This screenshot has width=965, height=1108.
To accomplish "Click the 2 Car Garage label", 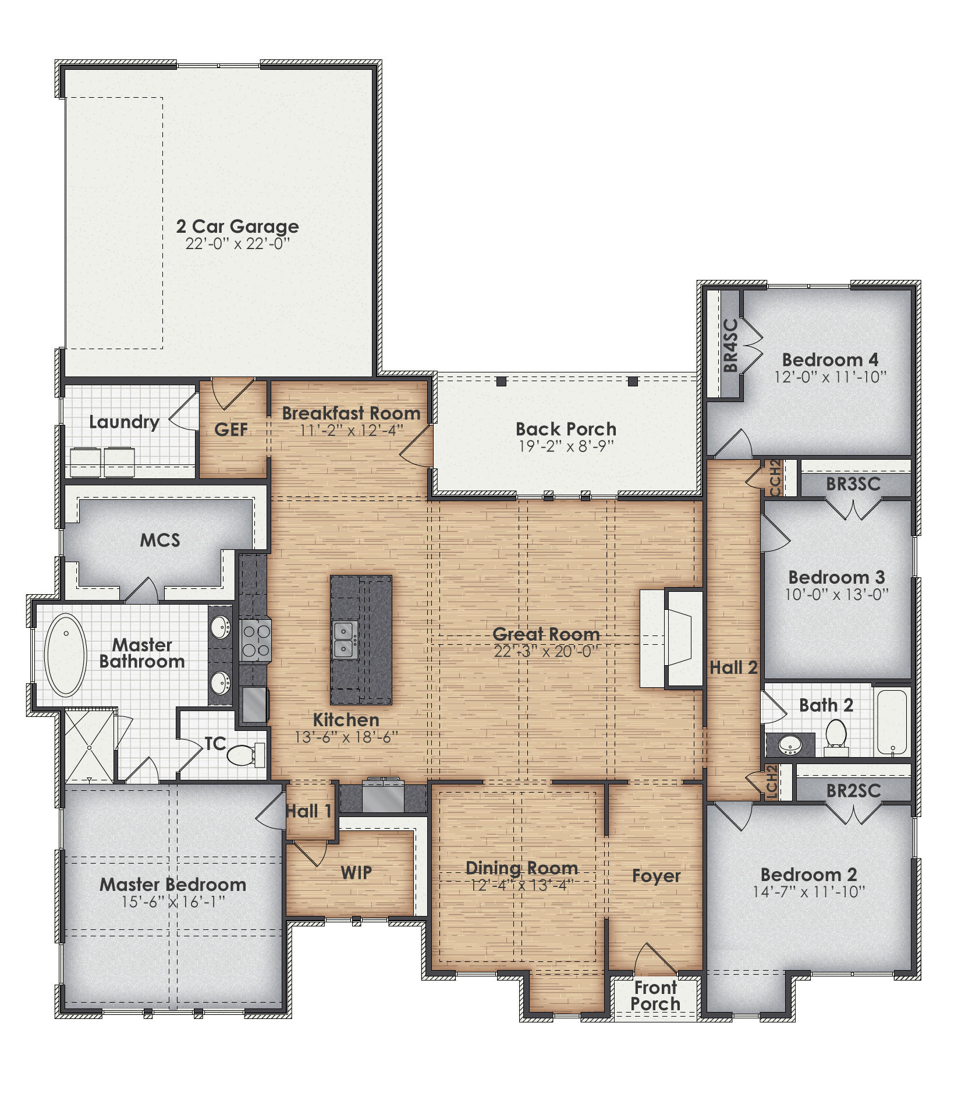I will tap(237, 226).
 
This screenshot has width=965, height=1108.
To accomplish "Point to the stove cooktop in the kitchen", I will tap(255, 640).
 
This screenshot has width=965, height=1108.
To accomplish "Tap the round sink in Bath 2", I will tap(789, 744).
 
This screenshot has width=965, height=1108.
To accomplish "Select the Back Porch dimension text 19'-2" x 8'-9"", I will tap(566, 446).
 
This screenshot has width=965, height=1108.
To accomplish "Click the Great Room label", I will tap(546, 634).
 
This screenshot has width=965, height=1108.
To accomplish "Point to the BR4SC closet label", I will tap(731, 345).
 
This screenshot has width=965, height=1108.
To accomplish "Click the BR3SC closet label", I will tap(853, 484).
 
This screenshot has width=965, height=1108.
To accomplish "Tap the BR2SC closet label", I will tap(853, 790).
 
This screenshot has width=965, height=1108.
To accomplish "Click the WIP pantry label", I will tap(356, 872).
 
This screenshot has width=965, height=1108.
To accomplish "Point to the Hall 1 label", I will tap(308, 811).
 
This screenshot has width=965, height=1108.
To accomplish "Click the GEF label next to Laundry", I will tap(231, 429).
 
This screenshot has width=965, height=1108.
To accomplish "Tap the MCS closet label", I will tap(160, 540).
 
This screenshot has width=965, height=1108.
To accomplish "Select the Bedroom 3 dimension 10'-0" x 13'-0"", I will tap(836, 595).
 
